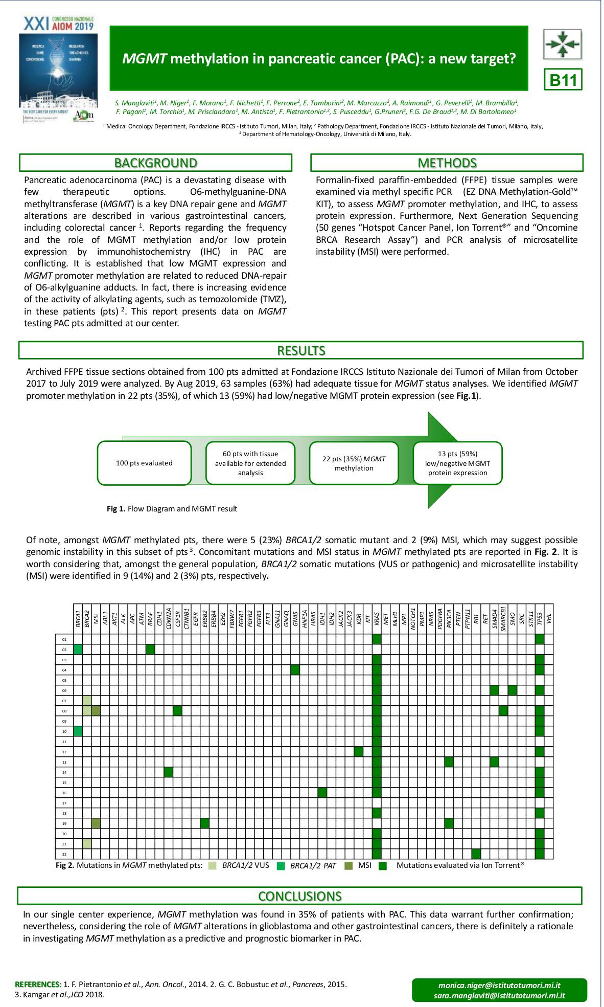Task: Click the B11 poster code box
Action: pos(563,80)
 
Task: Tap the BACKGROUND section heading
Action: pos(155,163)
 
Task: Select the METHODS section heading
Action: pos(447,163)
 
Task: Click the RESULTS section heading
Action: pos(301,350)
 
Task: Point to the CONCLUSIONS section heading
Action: pos(299,896)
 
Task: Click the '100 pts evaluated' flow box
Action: pos(144,463)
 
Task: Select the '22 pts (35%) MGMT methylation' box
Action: pos(354,463)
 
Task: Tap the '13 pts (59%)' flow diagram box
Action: pos(457,463)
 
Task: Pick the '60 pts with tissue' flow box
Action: pos(250,463)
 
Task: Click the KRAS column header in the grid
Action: pos(377,619)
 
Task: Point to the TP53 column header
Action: pos(540,619)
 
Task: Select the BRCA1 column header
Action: pos(78,619)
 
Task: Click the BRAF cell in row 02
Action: pos(150,650)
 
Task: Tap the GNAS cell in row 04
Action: pos(295,670)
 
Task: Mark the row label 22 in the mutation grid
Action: pos(64,854)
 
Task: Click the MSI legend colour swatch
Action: pos(349,866)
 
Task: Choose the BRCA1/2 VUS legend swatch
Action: pos(213,866)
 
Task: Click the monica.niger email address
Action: pos(499,985)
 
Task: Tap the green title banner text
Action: pos(319,58)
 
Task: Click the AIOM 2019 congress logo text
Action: pos(59,24)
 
